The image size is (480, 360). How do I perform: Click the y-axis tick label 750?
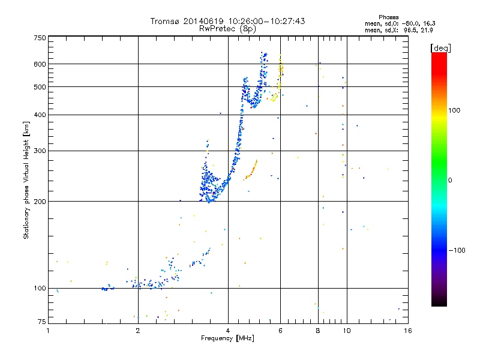coord(40,38)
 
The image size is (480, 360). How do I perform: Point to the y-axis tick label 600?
coord(40,64)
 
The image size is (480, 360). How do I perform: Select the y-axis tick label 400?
coord(40,115)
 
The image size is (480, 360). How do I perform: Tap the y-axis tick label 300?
coord(40,151)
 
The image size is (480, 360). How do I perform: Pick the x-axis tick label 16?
coord(407,331)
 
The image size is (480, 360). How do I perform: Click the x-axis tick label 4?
coord(228,331)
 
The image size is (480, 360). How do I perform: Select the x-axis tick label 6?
coord(280,331)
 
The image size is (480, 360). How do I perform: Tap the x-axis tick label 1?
coord(49,331)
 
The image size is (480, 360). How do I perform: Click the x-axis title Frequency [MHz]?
coord(227,338)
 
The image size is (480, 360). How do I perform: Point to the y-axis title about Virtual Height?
coord(26,180)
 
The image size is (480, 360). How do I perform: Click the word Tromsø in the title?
coord(164,22)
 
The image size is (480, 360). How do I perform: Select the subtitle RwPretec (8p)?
coord(227,28)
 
